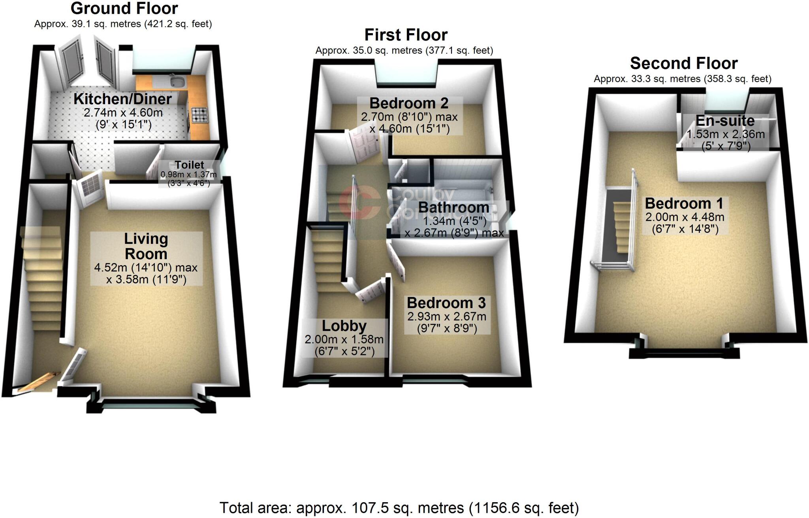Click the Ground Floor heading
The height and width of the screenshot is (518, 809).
[x=124, y=9]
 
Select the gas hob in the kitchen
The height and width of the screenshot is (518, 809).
[x=199, y=115]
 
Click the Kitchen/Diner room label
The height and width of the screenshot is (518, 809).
[x=123, y=99]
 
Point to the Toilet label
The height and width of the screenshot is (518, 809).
[x=189, y=165]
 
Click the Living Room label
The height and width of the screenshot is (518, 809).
[x=146, y=246]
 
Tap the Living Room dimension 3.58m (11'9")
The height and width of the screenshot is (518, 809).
[x=146, y=280]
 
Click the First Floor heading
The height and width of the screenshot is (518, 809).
[x=406, y=35]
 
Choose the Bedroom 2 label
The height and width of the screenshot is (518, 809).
[x=409, y=103]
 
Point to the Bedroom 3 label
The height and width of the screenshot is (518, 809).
[x=446, y=303]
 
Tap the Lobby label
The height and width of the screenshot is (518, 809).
[x=344, y=326]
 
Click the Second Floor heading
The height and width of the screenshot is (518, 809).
[x=684, y=64]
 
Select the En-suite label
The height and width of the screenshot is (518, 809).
[x=725, y=121]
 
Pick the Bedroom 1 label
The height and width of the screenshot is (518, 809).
[x=684, y=204]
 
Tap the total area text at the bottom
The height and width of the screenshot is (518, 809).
[x=399, y=508]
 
